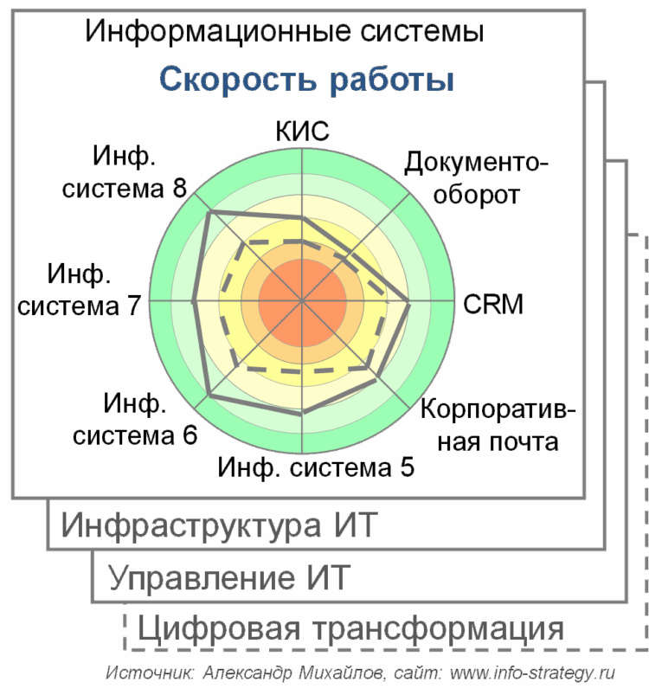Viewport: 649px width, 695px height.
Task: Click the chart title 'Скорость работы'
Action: click(x=306, y=80)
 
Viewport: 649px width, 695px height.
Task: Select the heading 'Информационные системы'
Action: click(x=284, y=31)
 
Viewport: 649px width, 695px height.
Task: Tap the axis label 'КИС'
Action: click(x=302, y=131)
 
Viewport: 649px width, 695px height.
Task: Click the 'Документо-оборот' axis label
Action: click(x=476, y=178)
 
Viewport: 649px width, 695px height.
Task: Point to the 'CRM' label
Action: click(x=493, y=304)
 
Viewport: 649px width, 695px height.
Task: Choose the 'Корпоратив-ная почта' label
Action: click(x=498, y=426)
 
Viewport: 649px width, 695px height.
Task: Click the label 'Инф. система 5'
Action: click(x=316, y=467)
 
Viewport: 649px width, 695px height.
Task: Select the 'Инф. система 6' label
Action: click(x=135, y=419)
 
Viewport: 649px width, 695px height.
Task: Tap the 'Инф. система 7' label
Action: click(x=79, y=289)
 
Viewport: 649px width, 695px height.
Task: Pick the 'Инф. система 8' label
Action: click(x=125, y=172)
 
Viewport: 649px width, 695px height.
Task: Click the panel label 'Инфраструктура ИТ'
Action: click(x=219, y=525)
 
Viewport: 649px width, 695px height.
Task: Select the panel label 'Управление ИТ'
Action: click(x=229, y=578)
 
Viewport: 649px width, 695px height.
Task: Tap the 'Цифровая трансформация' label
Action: click(x=350, y=629)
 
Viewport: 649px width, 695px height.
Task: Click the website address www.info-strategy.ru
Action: click(x=532, y=672)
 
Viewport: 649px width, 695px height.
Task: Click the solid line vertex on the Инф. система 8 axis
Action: click(x=210, y=212)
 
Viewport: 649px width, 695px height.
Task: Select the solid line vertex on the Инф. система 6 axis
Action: click(x=209, y=394)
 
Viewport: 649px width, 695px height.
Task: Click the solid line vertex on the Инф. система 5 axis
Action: click(x=302, y=413)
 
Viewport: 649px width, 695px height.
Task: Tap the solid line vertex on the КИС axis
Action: click(x=303, y=217)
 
